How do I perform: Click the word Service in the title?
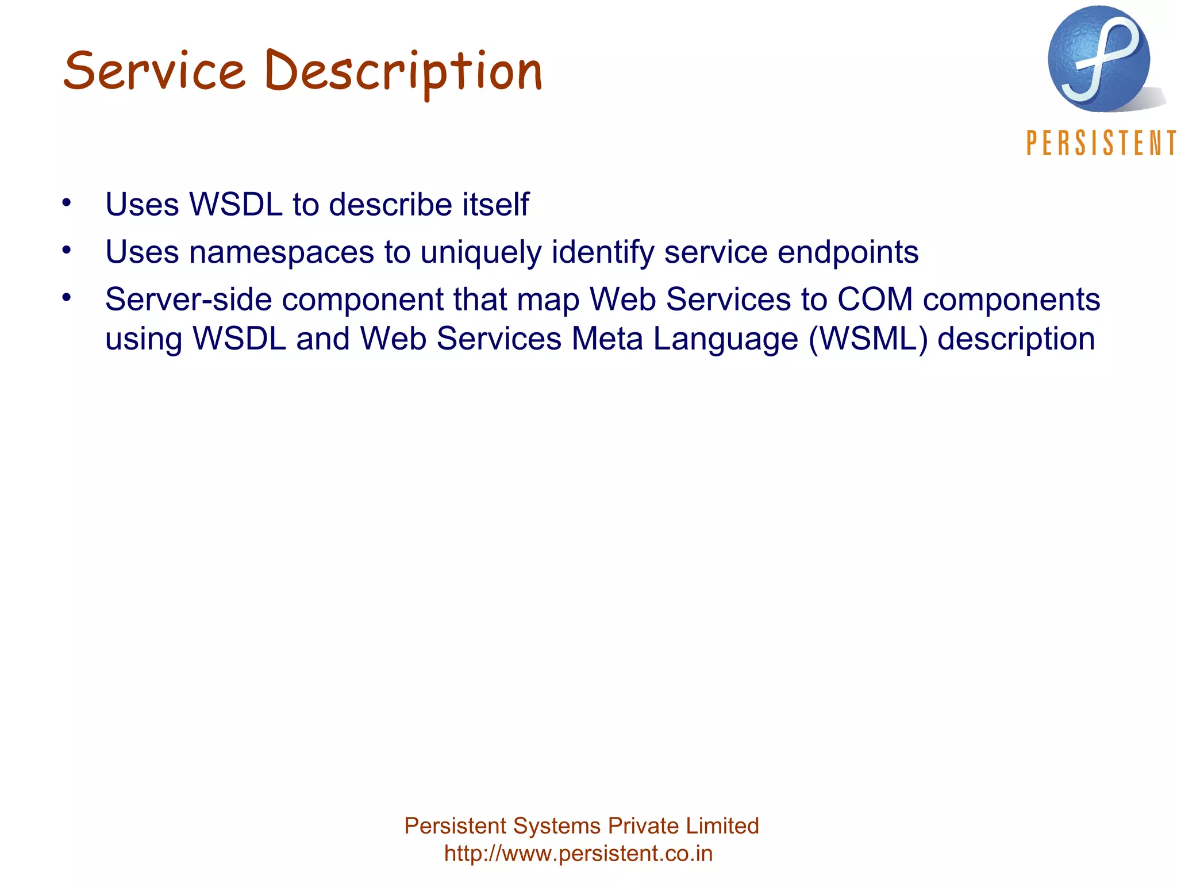point(154,71)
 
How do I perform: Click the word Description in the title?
point(403,72)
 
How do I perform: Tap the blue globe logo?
point(1099,59)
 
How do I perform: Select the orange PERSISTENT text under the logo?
point(1101,143)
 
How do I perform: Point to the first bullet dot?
point(67,202)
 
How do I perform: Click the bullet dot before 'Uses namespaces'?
point(67,250)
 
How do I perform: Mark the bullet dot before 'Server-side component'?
point(67,297)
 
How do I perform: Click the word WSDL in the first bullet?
point(236,204)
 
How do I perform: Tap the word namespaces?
point(282,252)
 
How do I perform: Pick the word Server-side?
point(189,300)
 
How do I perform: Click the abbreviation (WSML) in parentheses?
point(868,339)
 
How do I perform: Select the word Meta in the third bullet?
point(607,339)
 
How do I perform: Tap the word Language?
point(725,340)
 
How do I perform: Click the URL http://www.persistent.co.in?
point(578,853)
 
